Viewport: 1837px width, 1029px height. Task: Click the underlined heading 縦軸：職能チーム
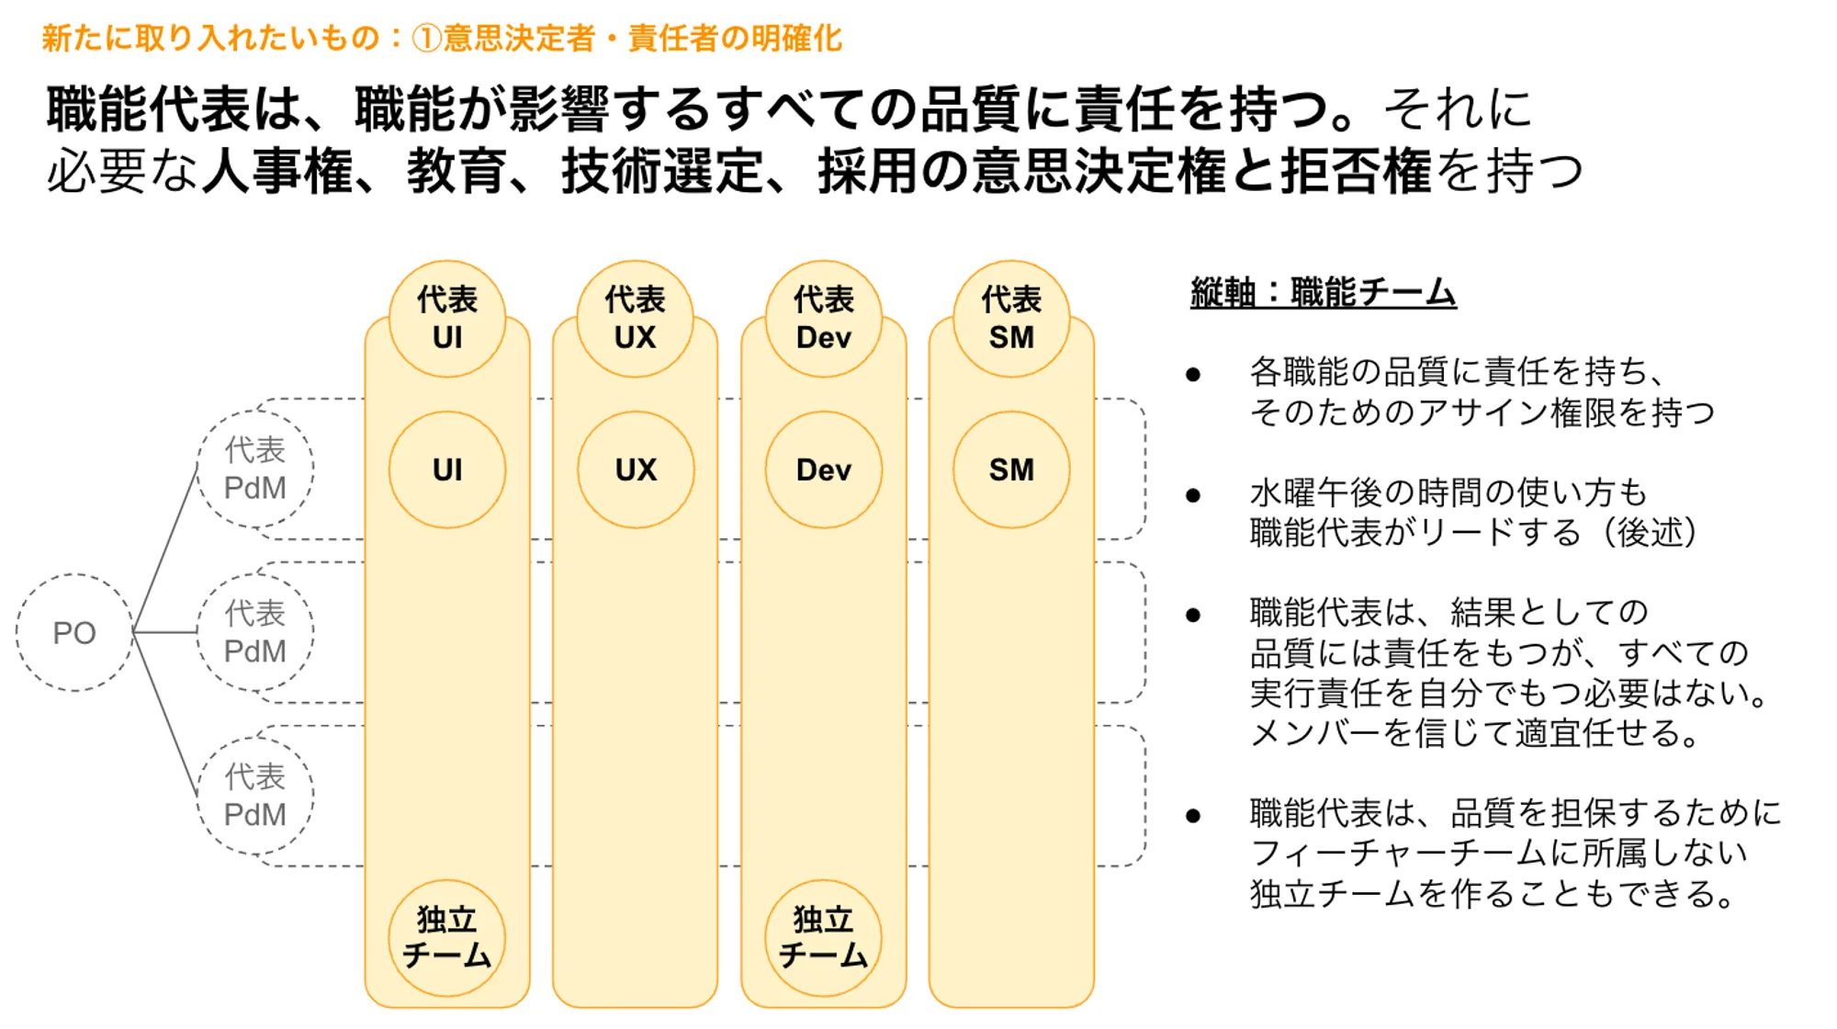1323,293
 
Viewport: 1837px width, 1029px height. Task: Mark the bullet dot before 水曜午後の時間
1193,496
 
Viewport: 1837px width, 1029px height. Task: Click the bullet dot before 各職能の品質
1193,374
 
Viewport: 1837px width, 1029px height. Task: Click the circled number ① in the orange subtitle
426,39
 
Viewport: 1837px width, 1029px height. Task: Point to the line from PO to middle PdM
165,632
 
